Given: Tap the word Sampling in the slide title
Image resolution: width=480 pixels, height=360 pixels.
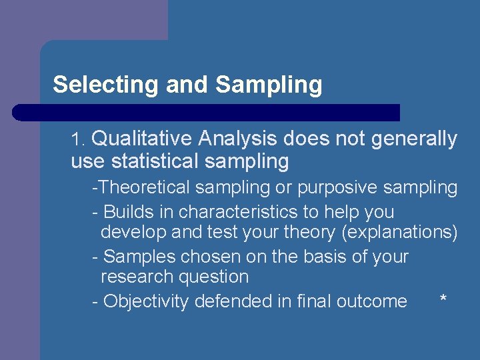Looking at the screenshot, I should pyautogui.click(x=269, y=85).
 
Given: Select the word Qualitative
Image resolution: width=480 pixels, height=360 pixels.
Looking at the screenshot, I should pyautogui.click(x=141, y=139).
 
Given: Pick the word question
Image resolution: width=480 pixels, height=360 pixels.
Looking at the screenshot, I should pyautogui.click(x=213, y=277).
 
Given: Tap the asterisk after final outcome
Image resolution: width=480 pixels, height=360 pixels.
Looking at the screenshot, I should pyautogui.click(x=443, y=299).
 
